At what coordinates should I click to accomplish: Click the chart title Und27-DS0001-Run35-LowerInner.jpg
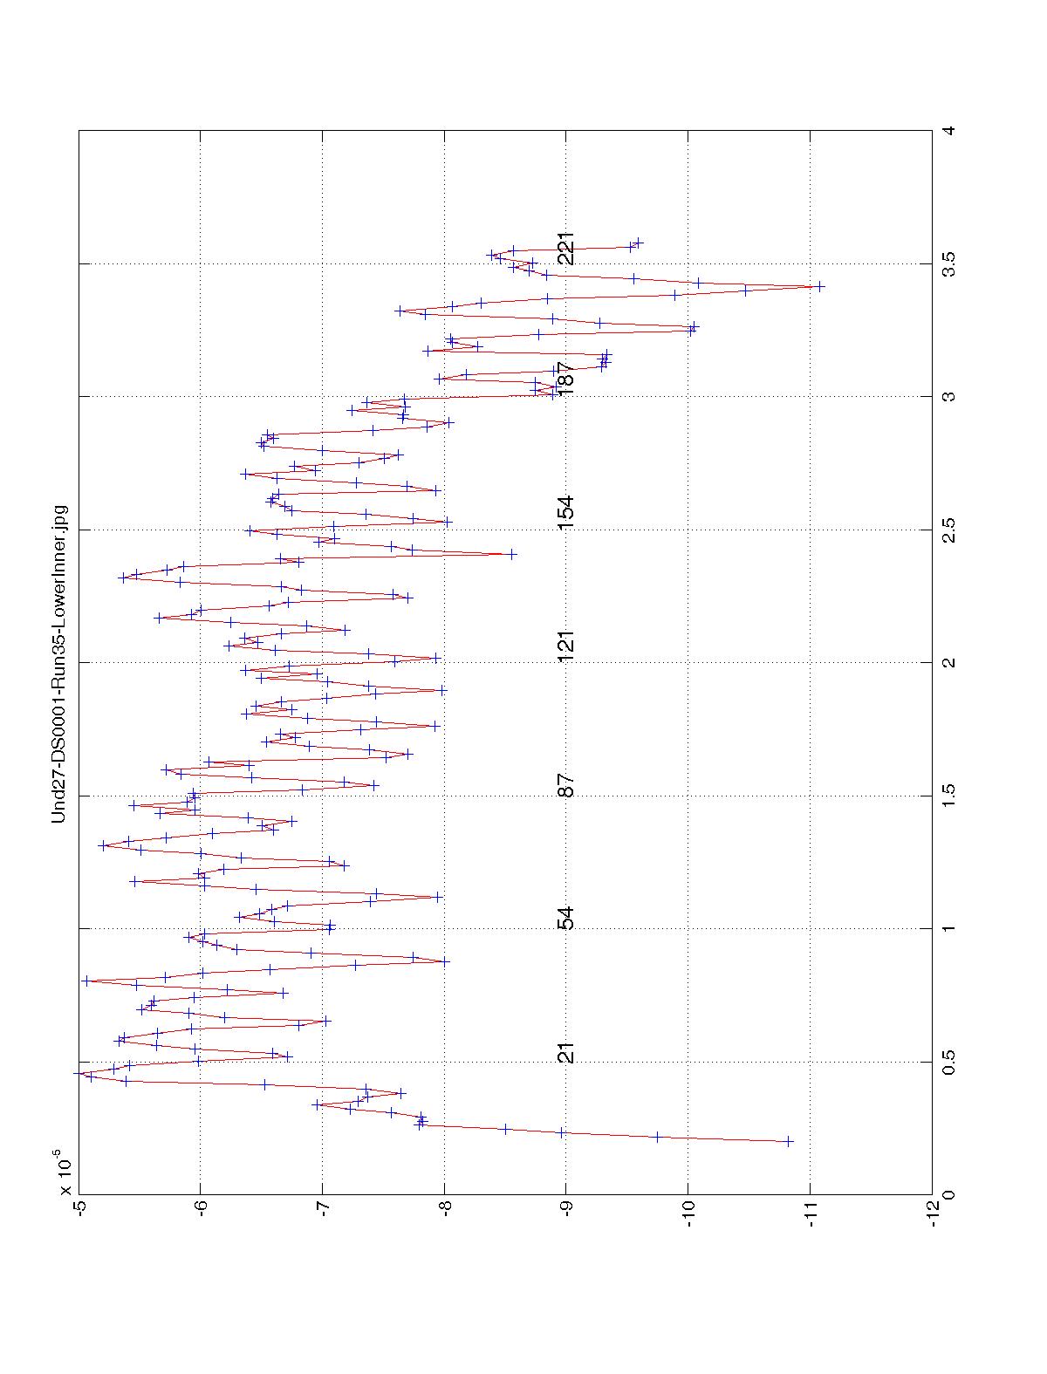[59, 664]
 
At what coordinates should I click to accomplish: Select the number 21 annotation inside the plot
[566, 1053]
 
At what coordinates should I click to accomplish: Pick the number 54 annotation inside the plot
[566, 919]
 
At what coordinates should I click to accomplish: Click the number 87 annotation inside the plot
[566, 785]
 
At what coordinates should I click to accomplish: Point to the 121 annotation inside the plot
[566, 646]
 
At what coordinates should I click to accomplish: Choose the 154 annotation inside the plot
[566, 513]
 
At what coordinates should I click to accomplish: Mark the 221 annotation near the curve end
[566, 249]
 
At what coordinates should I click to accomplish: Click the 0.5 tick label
[949, 1062]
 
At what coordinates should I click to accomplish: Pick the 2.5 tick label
[949, 530]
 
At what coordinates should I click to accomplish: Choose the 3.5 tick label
[949, 263]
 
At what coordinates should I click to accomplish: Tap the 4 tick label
[949, 131]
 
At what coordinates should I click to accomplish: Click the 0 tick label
[949, 1194]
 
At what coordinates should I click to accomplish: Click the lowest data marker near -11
[819, 286]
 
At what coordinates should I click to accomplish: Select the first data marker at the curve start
[789, 1141]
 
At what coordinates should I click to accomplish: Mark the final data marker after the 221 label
[638, 242]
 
